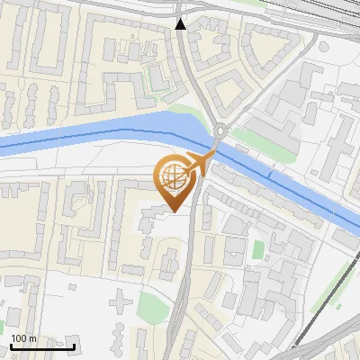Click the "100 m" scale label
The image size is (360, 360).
tap(23, 338)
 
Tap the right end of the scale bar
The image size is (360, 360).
tap(74, 346)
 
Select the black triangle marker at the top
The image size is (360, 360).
tap(182, 24)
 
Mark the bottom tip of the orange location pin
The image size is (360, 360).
tap(174, 211)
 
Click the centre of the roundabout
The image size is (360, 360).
tap(220, 132)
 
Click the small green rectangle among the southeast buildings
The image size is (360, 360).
tap(258, 249)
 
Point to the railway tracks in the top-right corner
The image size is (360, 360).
tap(333, 13)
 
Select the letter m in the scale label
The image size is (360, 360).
tap(32, 338)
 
